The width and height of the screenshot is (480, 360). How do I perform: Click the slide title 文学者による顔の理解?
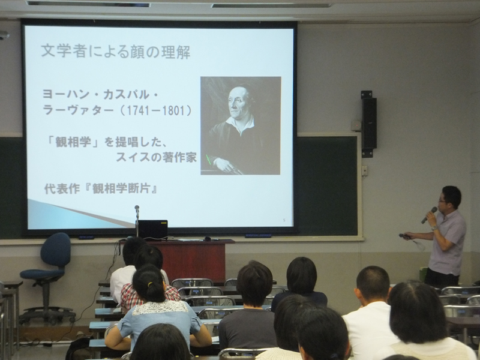tap(115, 51)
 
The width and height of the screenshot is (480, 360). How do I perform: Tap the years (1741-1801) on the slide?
tap(155, 110)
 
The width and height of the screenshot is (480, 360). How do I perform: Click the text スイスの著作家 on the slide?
tap(156, 157)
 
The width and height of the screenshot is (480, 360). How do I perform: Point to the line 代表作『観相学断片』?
tap(101, 188)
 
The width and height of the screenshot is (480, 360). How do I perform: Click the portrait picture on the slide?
tap(241, 125)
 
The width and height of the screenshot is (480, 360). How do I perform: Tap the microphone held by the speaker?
tap(429, 215)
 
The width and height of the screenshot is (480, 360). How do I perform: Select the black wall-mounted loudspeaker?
tap(369, 124)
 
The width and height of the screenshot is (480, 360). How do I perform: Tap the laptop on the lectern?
tap(153, 230)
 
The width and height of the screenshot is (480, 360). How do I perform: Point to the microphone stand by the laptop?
tap(137, 221)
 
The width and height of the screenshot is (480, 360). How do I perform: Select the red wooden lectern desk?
tap(193, 260)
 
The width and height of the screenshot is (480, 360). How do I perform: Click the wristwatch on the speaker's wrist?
tap(434, 227)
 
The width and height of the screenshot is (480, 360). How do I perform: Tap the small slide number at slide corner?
tap(284, 220)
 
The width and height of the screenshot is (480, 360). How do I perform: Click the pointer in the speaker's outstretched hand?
tap(404, 236)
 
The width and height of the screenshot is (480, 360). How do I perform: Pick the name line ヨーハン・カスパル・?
tap(100, 95)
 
